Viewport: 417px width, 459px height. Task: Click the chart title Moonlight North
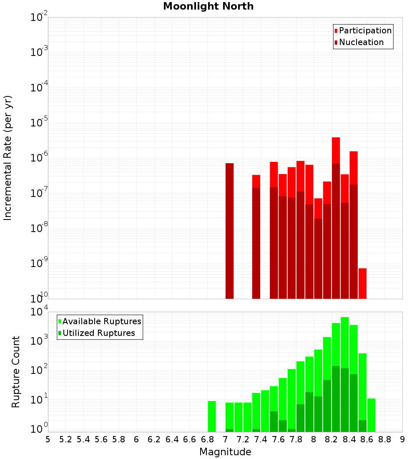click(x=208, y=6)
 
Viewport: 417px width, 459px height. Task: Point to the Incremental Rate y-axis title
click(x=8, y=158)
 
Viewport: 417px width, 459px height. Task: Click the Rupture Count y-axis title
click(x=16, y=371)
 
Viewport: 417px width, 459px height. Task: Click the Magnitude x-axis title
click(x=225, y=452)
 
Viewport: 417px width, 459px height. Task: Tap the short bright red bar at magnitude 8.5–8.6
click(x=362, y=283)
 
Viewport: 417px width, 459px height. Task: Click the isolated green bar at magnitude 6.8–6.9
click(x=212, y=416)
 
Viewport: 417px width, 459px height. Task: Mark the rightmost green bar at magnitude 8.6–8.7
click(x=371, y=415)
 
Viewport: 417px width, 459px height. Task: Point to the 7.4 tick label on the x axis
click(x=261, y=439)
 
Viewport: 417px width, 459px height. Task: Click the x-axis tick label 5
click(x=48, y=439)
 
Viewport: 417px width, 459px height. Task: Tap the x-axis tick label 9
click(x=402, y=439)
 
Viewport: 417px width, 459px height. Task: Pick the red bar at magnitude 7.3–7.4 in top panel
click(x=256, y=237)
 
